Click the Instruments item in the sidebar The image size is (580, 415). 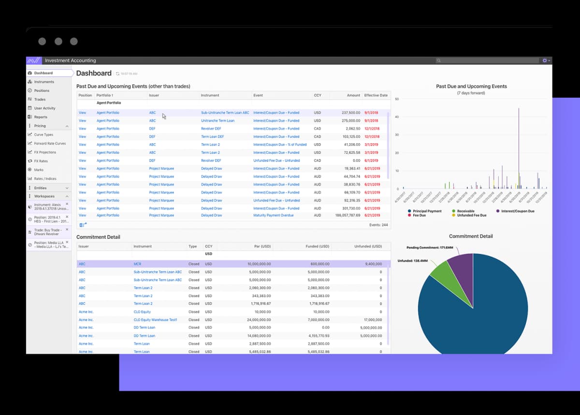(44, 82)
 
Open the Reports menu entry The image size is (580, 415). (41, 117)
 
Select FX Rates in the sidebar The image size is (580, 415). (41, 161)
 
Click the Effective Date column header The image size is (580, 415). (376, 95)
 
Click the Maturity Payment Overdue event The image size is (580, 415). (273, 215)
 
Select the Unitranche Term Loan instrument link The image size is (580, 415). (217, 120)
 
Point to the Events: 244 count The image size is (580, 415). (378, 225)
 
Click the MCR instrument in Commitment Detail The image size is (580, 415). (137, 264)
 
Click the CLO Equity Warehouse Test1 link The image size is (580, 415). (155, 320)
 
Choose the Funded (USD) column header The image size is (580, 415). (317, 246)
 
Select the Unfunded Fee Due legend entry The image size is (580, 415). (472, 215)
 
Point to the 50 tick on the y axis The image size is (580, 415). (397, 99)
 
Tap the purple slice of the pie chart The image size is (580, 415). (460, 264)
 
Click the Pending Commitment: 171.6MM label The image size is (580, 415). (429, 247)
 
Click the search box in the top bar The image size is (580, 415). (488, 60)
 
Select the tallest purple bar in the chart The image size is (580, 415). (519, 145)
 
